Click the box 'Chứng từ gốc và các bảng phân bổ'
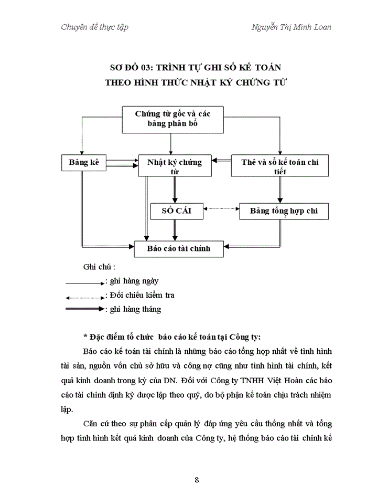[x=172, y=119]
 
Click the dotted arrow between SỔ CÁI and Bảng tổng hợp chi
[x=220, y=209]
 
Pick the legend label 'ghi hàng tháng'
[x=135, y=309]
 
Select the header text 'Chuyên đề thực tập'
[x=94, y=27]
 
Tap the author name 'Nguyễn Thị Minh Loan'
[x=291, y=27]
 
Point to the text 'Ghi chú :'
[x=99, y=267]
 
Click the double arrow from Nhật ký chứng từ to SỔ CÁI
[x=174, y=188]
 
